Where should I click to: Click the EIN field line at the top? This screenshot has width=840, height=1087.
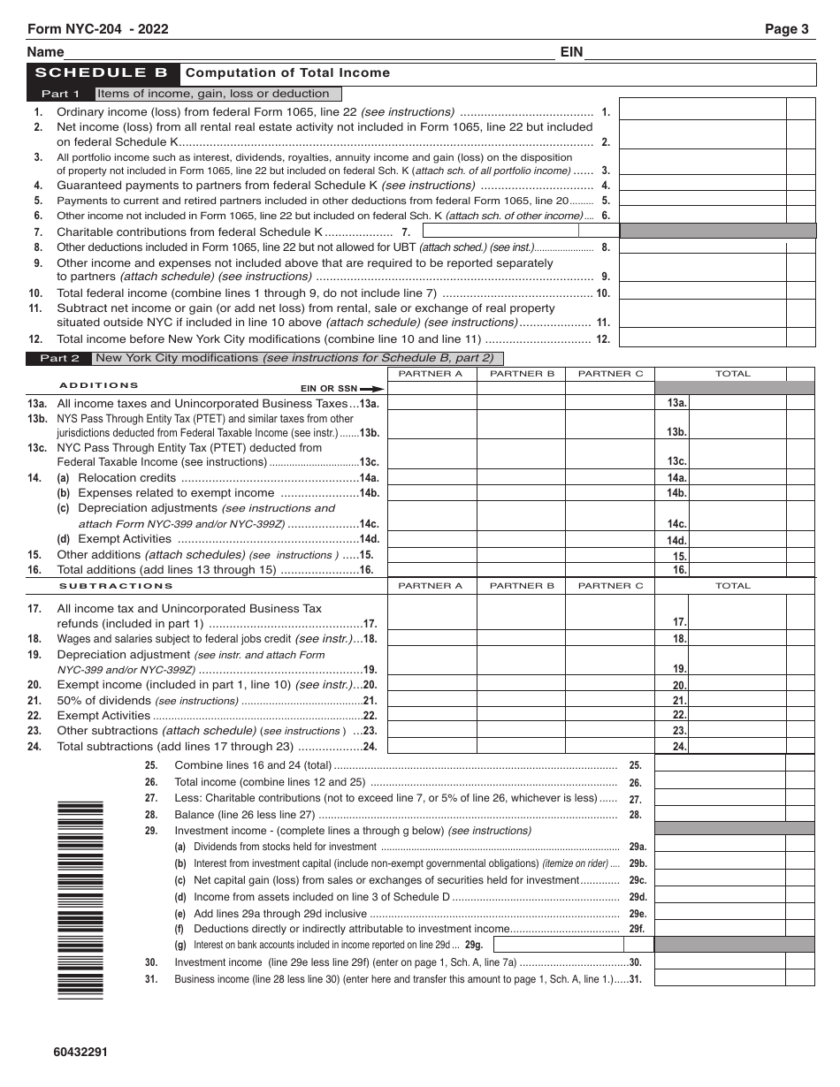coord(699,53)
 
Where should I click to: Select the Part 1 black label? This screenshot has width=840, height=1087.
coord(61,94)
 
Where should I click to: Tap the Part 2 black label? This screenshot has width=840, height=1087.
coord(61,358)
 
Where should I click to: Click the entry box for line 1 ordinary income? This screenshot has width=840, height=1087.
coord(702,109)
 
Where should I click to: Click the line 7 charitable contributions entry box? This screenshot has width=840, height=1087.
coord(500,232)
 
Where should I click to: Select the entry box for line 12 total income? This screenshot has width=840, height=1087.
coord(702,338)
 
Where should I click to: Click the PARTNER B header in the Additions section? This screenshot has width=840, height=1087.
coord(522,374)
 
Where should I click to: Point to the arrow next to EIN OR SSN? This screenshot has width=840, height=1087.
coord(372,389)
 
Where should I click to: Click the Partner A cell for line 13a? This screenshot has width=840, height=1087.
coord(431,403)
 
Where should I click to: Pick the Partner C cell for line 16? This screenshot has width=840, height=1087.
coord(610,570)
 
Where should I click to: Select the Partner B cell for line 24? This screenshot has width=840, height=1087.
coord(522,746)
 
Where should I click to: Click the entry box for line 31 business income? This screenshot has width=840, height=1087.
coord(720,978)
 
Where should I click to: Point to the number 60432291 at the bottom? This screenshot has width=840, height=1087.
coord(80,1052)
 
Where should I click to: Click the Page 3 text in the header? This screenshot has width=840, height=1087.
coord(786,29)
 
